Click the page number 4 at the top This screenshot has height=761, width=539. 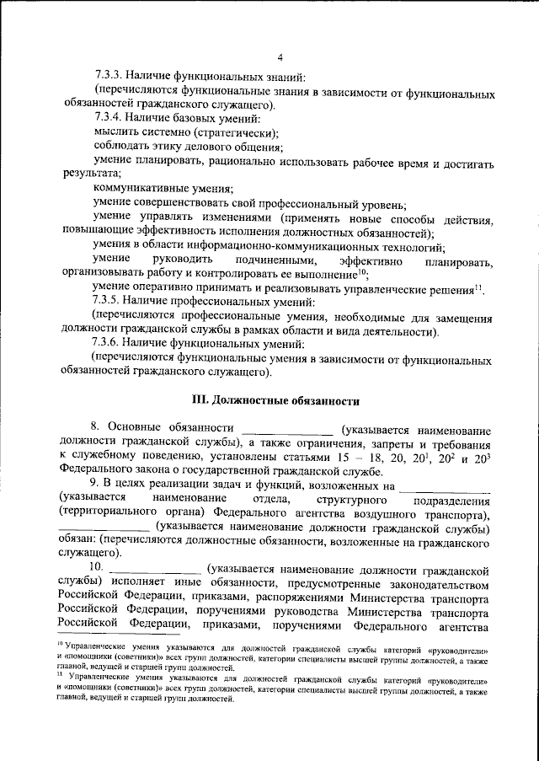tap(278, 57)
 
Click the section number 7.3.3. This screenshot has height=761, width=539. tap(109, 77)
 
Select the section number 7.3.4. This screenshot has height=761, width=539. tap(109, 119)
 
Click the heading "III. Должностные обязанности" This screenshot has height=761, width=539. tap(277, 401)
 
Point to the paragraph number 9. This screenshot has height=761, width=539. tap(96, 485)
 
